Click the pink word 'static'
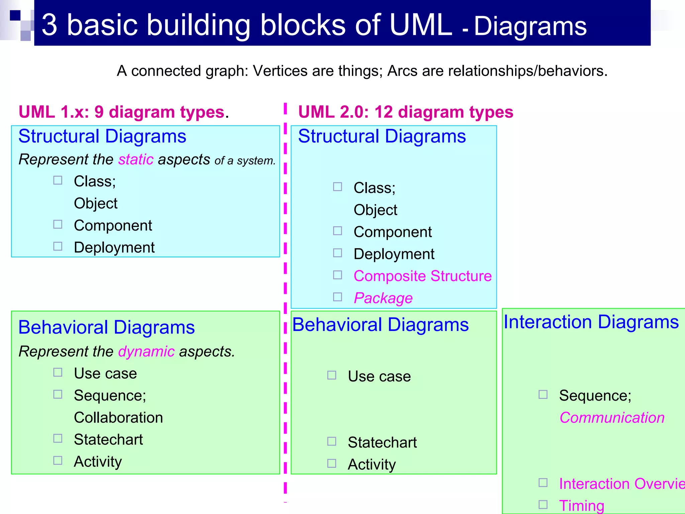click(136, 160)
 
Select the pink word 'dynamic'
click(146, 352)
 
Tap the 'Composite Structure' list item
click(422, 276)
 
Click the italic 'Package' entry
click(383, 298)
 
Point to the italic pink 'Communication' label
click(612, 418)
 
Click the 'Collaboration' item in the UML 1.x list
click(118, 418)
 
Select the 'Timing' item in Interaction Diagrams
click(582, 505)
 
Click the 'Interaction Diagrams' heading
click(591, 322)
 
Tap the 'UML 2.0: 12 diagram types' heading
click(405, 112)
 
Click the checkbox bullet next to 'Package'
click(337, 297)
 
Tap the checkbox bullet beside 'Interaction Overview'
click(543, 483)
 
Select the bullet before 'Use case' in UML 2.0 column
click(331, 375)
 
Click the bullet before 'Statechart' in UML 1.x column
click(58, 438)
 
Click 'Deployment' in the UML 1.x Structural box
click(114, 248)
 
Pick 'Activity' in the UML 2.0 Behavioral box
click(372, 464)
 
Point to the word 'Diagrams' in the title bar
click(530, 26)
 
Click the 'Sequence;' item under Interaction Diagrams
click(595, 396)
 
